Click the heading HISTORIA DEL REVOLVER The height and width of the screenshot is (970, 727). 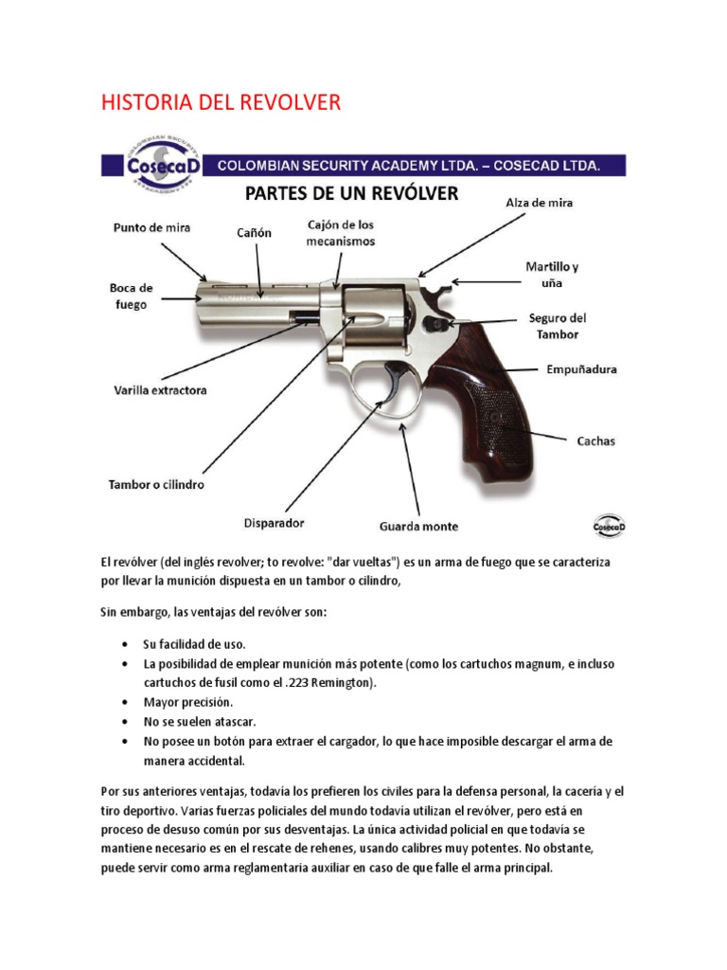pos(221,103)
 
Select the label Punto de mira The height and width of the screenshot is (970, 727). pos(151,228)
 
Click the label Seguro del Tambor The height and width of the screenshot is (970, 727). pos(559,326)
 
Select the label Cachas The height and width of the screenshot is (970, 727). pos(596,440)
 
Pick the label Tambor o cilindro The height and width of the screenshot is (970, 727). pos(155,484)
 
